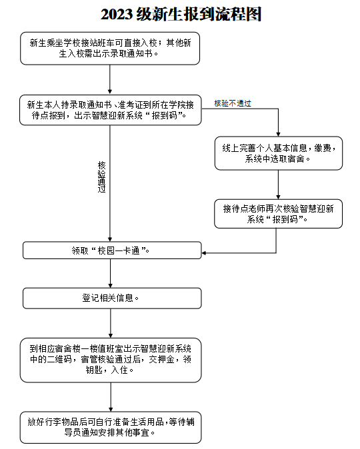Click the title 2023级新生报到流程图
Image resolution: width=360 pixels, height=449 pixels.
181,14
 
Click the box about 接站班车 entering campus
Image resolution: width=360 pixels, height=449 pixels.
110,49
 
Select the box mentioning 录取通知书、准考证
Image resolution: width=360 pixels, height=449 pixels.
111,110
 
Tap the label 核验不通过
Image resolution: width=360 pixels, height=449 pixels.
233,103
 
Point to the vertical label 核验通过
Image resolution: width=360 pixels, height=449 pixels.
102,177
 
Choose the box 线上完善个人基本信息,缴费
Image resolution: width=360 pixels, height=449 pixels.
279,153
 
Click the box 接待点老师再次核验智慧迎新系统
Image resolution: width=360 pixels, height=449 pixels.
278,214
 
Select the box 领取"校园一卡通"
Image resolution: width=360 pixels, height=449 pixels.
112,250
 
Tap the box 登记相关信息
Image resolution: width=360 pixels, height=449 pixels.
112,298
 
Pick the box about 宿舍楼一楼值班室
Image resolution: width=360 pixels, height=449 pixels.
111,360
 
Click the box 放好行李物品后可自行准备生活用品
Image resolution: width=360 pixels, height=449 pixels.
111,427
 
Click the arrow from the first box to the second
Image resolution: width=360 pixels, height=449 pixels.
110,79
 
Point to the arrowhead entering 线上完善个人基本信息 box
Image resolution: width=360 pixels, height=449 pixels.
278,135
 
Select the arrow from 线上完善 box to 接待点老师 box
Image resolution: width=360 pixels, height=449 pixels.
278,185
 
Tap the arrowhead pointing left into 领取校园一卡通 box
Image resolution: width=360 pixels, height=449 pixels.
204,253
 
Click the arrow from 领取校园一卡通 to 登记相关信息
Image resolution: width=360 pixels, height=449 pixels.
111,273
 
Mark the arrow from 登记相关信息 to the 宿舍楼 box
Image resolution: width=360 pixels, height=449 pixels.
111,323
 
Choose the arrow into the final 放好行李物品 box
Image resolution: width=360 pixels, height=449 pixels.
111,397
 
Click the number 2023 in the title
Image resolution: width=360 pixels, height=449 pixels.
117,15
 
